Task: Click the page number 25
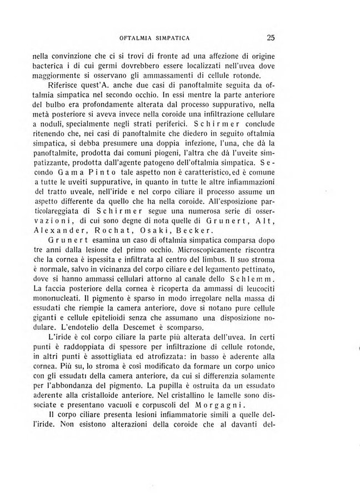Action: pos(271,38)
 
